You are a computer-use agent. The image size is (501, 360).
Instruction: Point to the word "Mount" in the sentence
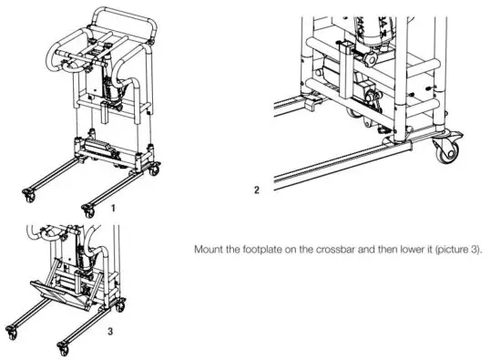coord(210,247)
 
